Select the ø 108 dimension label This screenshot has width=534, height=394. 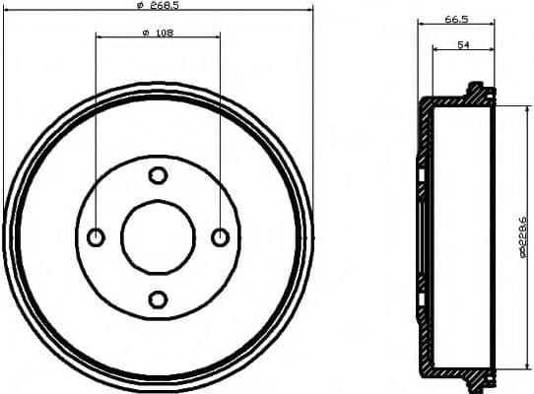tap(158, 33)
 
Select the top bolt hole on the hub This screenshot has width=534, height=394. tap(158, 175)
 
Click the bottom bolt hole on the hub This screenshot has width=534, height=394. tap(158, 298)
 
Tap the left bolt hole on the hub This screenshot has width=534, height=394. tap(97, 237)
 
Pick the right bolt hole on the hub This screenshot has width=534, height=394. tap(220, 237)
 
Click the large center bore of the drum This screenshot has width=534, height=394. tap(158, 237)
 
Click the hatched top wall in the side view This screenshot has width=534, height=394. tap(453, 101)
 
